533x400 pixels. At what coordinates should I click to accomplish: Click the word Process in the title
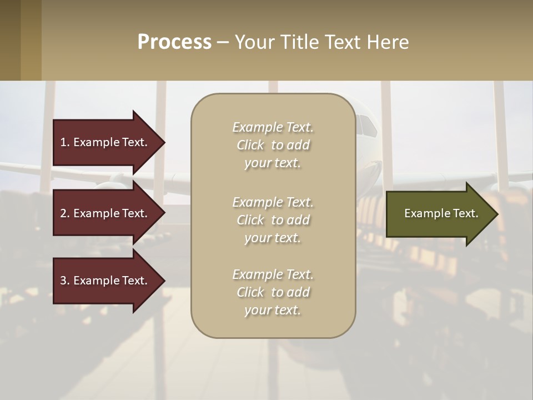pos(174,42)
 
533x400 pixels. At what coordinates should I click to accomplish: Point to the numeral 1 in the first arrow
pos(63,142)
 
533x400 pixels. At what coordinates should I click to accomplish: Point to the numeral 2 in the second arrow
pos(63,213)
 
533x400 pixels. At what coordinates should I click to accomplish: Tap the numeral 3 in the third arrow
pos(63,281)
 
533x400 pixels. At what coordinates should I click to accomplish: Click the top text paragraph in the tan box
pos(273,145)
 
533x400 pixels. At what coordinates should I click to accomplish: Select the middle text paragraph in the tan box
pos(273,220)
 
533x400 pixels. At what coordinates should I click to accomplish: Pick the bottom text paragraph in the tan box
pos(273,292)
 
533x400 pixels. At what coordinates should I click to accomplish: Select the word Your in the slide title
pos(253,42)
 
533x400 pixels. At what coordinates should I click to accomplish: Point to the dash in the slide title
pos(223,43)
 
